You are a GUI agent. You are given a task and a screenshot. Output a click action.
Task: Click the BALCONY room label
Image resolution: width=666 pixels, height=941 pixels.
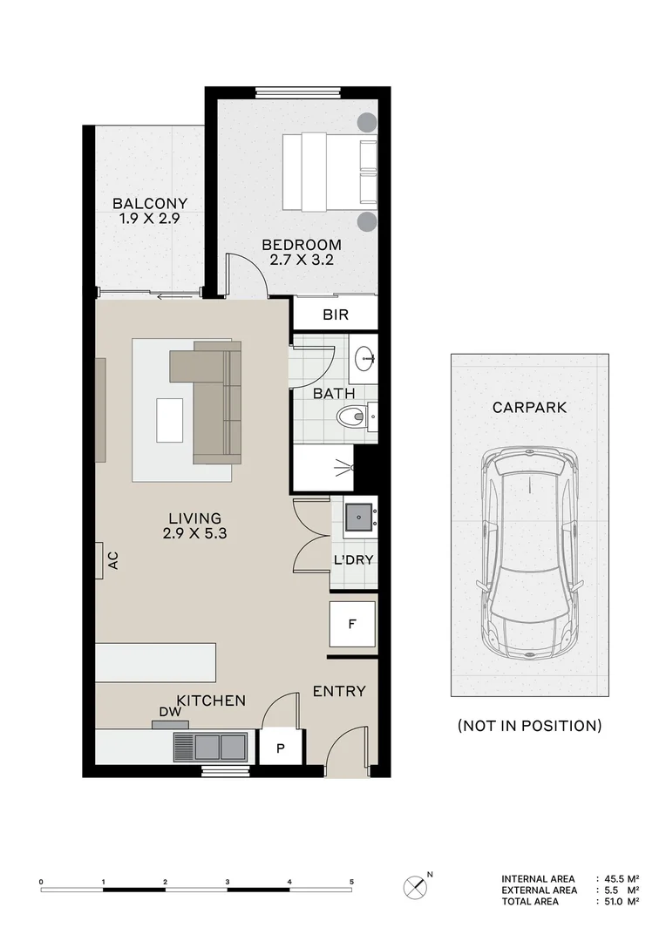[150, 204]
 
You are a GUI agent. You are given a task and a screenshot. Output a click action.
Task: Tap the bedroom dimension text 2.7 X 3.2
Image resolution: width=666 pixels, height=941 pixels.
[302, 260]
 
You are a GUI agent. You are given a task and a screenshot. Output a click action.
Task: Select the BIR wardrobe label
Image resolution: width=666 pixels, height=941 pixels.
[336, 315]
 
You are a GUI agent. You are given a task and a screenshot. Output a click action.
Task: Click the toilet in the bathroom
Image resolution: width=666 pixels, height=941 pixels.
[353, 416]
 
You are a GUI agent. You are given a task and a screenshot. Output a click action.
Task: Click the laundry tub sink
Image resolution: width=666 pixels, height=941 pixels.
[358, 518]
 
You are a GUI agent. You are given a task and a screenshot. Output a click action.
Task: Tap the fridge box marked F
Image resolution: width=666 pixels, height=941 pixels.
[352, 624]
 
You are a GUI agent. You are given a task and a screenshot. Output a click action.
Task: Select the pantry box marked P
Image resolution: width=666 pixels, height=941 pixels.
[282, 747]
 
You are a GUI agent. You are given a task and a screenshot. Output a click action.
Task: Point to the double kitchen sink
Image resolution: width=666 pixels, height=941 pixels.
[209, 747]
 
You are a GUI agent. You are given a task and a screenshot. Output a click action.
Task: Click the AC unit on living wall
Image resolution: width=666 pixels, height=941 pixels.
[100, 560]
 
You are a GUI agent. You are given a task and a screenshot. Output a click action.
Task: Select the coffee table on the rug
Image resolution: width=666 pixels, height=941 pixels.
[169, 420]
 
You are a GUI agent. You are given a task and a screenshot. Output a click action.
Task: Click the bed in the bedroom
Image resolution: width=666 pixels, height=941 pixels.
[329, 172]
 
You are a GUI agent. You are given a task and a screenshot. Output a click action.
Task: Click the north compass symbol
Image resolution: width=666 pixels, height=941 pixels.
[415, 888]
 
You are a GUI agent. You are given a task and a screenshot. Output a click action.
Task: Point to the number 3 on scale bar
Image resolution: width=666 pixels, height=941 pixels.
[228, 883]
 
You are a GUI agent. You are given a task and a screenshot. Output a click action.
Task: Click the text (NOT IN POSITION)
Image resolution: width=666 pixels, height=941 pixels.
[529, 725]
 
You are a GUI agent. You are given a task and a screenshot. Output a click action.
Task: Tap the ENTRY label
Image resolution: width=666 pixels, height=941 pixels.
[339, 692]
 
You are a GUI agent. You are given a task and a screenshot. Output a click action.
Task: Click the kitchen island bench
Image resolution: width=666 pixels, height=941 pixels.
[155, 662]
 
